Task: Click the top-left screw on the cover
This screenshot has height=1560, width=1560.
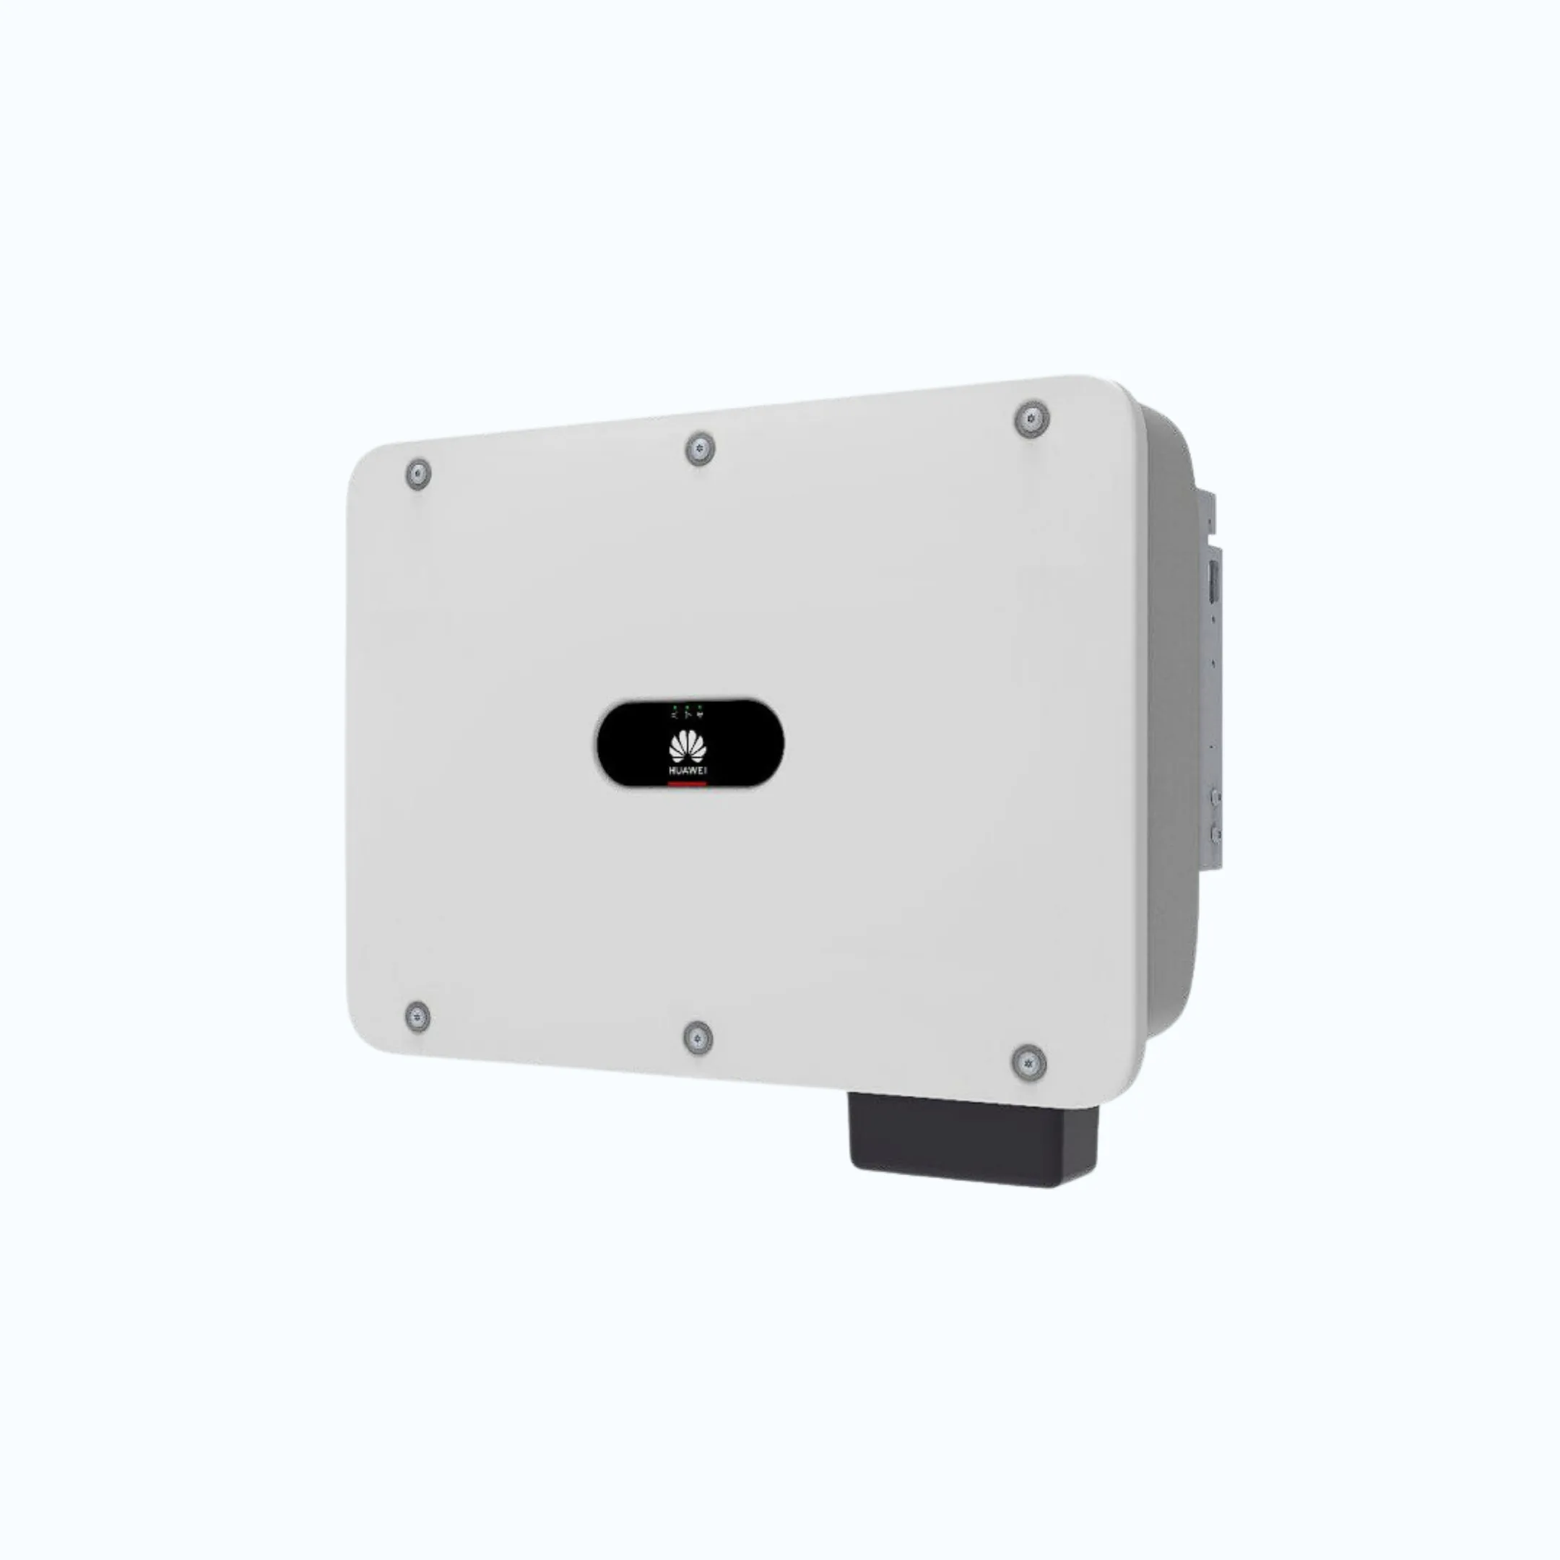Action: point(417,474)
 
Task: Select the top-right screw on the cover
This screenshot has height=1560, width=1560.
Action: point(1031,420)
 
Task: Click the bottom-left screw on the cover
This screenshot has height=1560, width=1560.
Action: point(417,1017)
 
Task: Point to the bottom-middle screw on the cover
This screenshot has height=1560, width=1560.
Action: point(698,1038)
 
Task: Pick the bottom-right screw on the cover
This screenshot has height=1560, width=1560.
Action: point(1028,1062)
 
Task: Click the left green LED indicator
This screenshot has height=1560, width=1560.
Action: point(676,707)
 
